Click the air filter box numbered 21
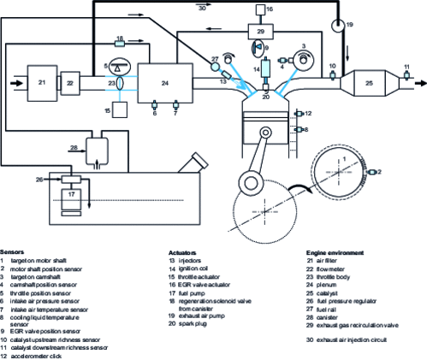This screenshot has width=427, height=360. (40, 82)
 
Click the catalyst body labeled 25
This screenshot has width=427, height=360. (368, 84)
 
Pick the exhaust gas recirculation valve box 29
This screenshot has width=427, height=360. (258, 31)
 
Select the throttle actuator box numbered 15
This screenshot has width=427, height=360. (121, 109)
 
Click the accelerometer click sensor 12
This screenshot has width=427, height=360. (297, 113)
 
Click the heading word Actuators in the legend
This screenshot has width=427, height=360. (183, 253)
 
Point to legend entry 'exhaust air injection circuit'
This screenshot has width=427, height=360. (353, 316)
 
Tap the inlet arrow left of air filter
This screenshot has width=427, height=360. (13, 83)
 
